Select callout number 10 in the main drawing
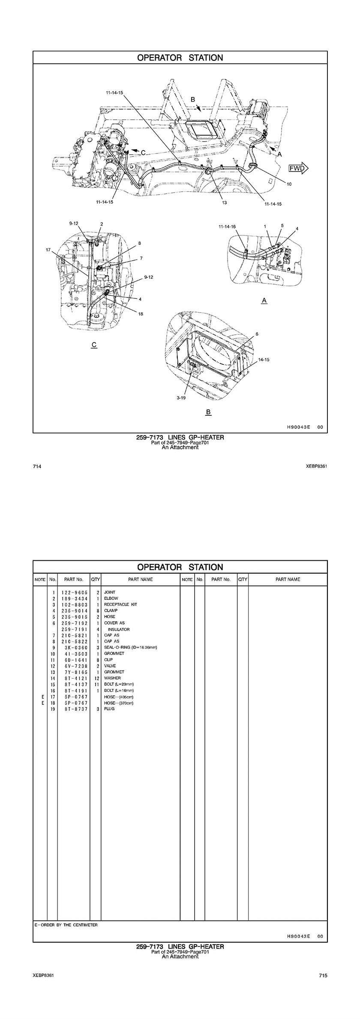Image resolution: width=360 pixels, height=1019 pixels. [x=289, y=184]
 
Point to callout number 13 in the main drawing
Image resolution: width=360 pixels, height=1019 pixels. [x=224, y=203]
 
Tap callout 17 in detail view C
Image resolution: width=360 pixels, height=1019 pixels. [x=48, y=249]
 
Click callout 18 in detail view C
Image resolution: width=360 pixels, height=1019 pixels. [x=141, y=314]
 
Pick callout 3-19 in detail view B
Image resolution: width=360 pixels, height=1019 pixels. [x=181, y=398]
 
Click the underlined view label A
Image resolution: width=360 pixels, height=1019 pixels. [x=264, y=301]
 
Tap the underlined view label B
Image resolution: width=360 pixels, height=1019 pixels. [x=208, y=412]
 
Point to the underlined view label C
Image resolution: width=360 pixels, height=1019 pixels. [x=94, y=345]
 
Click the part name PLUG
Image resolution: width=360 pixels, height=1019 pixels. [x=109, y=709]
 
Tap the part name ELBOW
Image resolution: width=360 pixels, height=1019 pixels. [x=111, y=598]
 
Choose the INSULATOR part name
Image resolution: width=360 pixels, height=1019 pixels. [x=119, y=629]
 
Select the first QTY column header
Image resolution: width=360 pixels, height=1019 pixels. [x=95, y=579]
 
